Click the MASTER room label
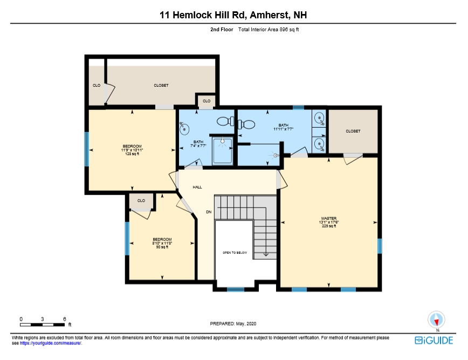pyautogui.click(x=328, y=218)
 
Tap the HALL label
pyautogui.click(x=197, y=188)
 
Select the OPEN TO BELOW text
pyautogui.click(x=235, y=253)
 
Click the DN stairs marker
pyautogui.click(x=209, y=212)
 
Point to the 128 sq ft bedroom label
pyautogui.click(x=132, y=150)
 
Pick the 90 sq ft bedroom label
pyautogui.click(x=162, y=243)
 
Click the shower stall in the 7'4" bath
pyautogui.click(x=222, y=150)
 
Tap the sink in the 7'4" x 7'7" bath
pyautogui.click(x=184, y=128)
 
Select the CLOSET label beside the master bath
pyautogui.click(x=353, y=131)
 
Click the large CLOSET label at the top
pyautogui.click(x=161, y=86)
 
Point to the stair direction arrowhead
pyautogui.click(x=266, y=255)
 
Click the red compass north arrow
pyautogui.click(x=436, y=322)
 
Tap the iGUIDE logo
pyautogui.click(x=433, y=340)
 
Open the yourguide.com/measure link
pyautogui.click(x=51, y=343)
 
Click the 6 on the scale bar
pyautogui.click(x=65, y=319)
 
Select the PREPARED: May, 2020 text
pyautogui.click(x=233, y=323)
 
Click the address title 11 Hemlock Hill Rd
pyautogui.click(x=202, y=15)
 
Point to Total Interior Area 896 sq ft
pyautogui.click(x=269, y=30)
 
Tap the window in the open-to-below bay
pyautogui.click(x=236, y=289)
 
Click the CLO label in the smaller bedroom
pyautogui.click(x=141, y=200)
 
